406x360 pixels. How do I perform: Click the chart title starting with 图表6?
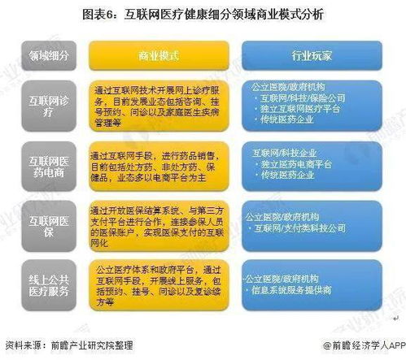click(203, 15)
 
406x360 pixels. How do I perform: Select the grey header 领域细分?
click(46, 56)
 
